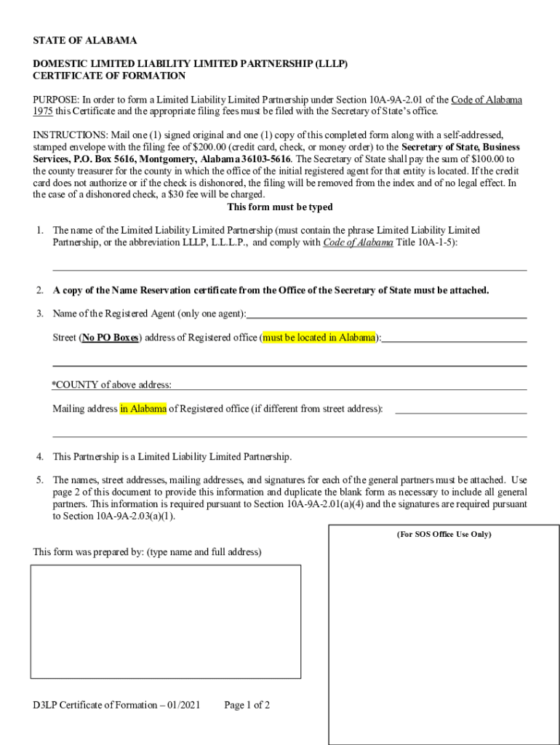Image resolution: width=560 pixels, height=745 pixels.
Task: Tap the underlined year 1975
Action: [x=42, y=112]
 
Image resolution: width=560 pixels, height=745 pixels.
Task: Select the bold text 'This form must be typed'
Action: [x=280, y=207]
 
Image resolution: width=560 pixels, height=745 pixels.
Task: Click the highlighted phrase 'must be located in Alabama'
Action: [x=319, y=338]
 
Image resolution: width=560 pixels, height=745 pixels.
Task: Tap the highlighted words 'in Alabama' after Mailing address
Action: [x=143, y=409]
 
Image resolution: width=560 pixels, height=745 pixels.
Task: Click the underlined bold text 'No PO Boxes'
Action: [x=111, y=338]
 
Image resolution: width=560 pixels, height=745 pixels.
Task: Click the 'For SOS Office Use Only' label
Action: [x=444, y=535]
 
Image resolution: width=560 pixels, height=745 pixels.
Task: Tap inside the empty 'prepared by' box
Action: [x=165, y=621]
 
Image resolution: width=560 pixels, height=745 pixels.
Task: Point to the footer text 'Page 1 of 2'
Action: [x=247, y=705]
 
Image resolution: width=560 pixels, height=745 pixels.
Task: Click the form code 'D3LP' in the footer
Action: [x=45, y=705]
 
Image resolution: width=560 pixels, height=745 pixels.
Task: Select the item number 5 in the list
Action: [x=40, y=481]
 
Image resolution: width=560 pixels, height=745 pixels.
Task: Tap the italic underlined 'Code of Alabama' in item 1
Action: [x=358, y=242]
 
